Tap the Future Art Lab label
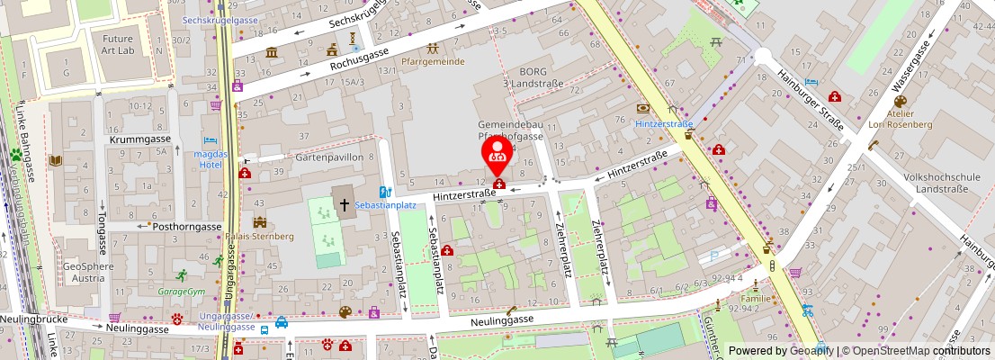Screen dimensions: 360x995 point(118,45)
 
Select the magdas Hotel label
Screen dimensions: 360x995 point(210,159)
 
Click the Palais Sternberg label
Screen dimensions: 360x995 point(260,236)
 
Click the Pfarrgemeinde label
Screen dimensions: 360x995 point(433,62)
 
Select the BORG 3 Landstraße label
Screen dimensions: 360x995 point(531,77)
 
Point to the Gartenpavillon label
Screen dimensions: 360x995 point(329,157)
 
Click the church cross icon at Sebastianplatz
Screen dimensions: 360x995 point(344,203)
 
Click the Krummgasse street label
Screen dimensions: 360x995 point(139,140)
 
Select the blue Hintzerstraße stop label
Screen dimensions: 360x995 point(663,123)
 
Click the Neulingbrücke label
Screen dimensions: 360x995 point(30,319)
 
